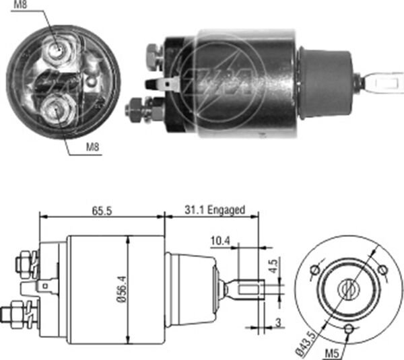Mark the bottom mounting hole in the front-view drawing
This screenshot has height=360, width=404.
(349, 328)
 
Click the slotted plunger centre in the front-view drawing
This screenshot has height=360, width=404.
(348, 290)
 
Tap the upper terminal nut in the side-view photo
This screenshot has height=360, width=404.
(153, 50)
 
